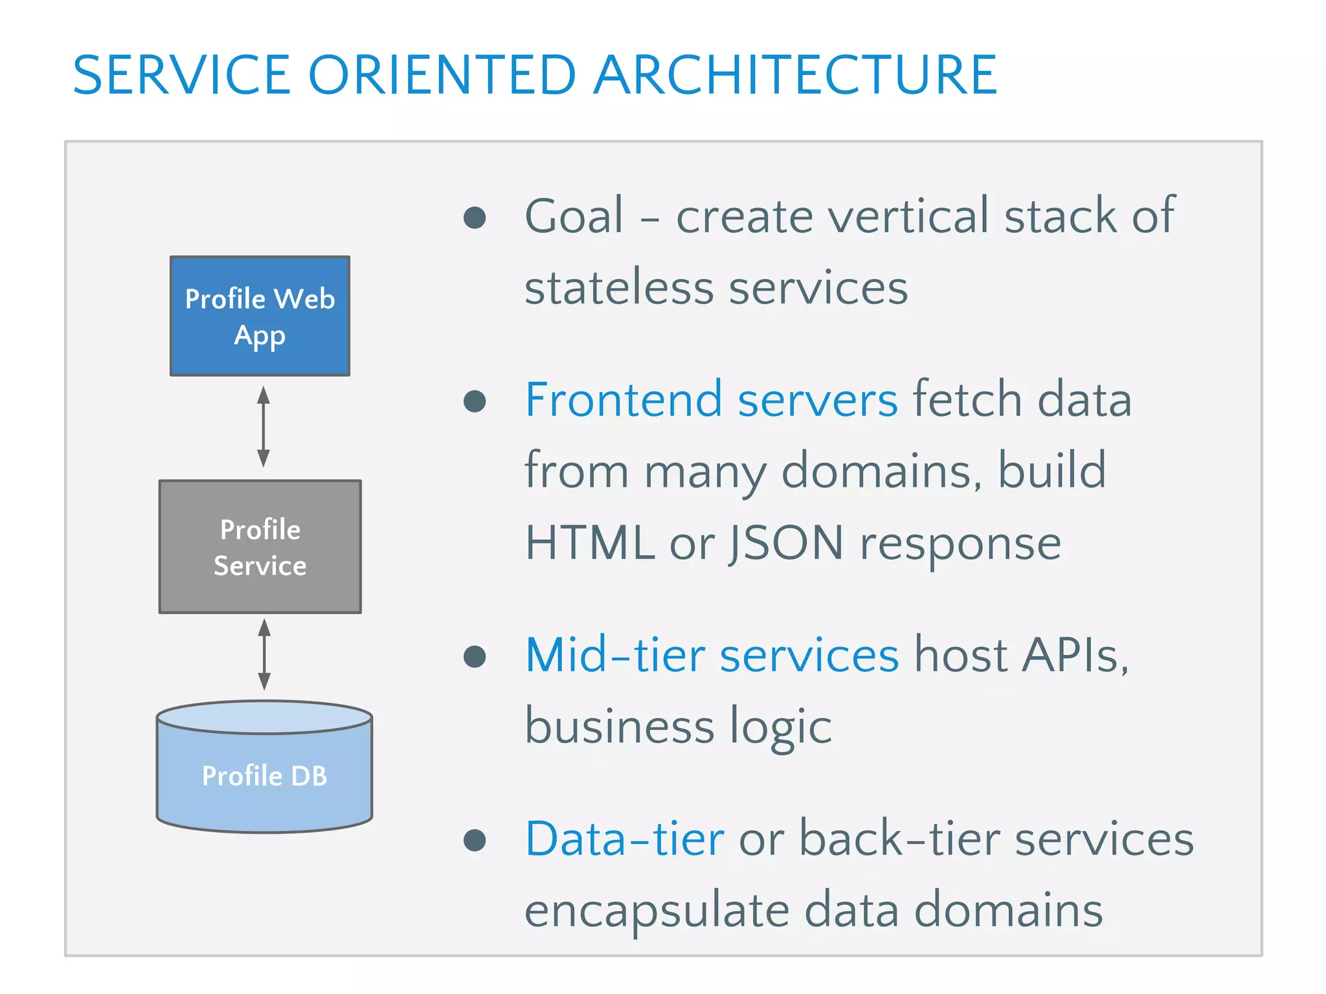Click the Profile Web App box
[260, 316]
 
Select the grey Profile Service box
[260, 547]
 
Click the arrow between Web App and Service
[264, 427]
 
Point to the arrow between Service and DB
[264, 654]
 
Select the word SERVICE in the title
[182, 75]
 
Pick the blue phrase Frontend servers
[711, 399]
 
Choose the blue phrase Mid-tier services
[712, 655]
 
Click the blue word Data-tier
[624, 839]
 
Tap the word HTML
[589, 542]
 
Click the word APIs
[1075, 655]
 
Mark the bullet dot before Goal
[475, 217]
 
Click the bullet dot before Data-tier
[475, 841]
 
